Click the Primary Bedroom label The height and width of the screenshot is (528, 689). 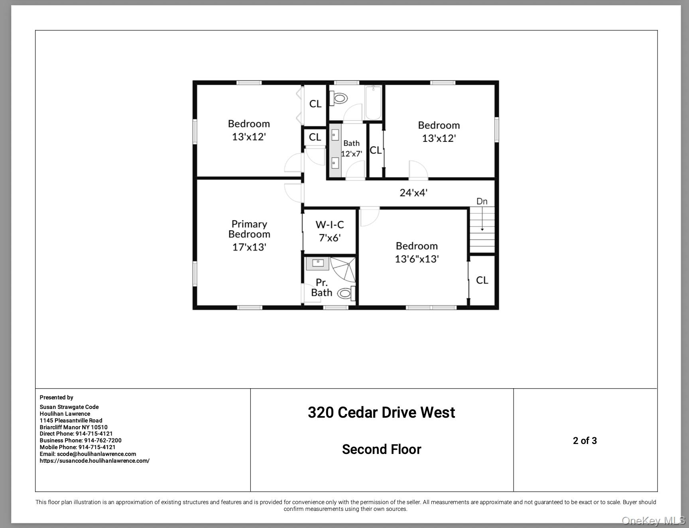click(249, 229)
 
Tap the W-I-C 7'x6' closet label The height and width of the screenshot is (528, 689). click(329, 231)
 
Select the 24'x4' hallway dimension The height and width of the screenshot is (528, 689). click(413, 193)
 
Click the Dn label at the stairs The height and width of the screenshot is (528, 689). click(482, 201)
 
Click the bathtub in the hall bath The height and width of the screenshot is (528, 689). click(374, 103)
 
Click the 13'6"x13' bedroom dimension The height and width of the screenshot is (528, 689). click(417, 259)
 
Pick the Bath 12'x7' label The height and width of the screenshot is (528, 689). click(351, 149)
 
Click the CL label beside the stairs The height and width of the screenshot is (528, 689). click(482, 280)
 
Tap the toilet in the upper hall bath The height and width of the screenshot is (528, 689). click(339, 98)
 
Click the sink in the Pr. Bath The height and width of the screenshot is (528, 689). click(318, 263)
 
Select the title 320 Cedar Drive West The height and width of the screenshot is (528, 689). click(381, 413)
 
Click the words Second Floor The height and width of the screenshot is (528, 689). click(381, 450)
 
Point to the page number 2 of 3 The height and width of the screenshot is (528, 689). click(585, 441)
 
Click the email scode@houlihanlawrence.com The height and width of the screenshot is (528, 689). click(96, 454)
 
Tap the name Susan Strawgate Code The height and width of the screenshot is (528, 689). click(69, 407)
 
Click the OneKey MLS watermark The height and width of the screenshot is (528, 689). click(653, 520)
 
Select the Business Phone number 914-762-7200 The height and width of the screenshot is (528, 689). click(102, 440)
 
